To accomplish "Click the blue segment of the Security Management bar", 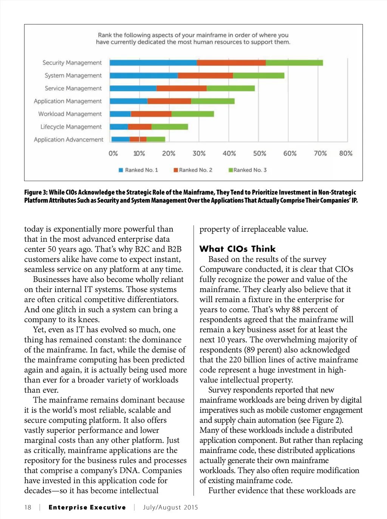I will pos(153,63).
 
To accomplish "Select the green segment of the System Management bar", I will pos(259,75).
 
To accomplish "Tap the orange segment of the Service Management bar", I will pos(181,88).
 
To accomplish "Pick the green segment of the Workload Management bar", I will pos(193,114).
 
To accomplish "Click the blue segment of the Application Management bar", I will pos(128,101).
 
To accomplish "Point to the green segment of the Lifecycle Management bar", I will pos(170,127).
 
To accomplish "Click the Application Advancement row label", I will pos(68,140).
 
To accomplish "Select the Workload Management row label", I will pos(70,114).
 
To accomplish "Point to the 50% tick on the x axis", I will pos(260,154).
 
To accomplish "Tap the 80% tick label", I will pos(345,154).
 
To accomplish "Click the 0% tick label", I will pos(113,154).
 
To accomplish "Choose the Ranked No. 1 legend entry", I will pos(138,170).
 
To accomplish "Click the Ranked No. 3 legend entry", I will pos(248,170).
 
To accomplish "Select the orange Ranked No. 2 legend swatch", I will pos(176,170).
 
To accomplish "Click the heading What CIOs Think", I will pos(237,249).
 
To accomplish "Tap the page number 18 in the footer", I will pos(28,507).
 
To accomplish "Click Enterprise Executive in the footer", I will pos(87,507).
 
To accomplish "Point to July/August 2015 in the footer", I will pos(170,507).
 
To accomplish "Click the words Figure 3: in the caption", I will pos(36,192).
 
